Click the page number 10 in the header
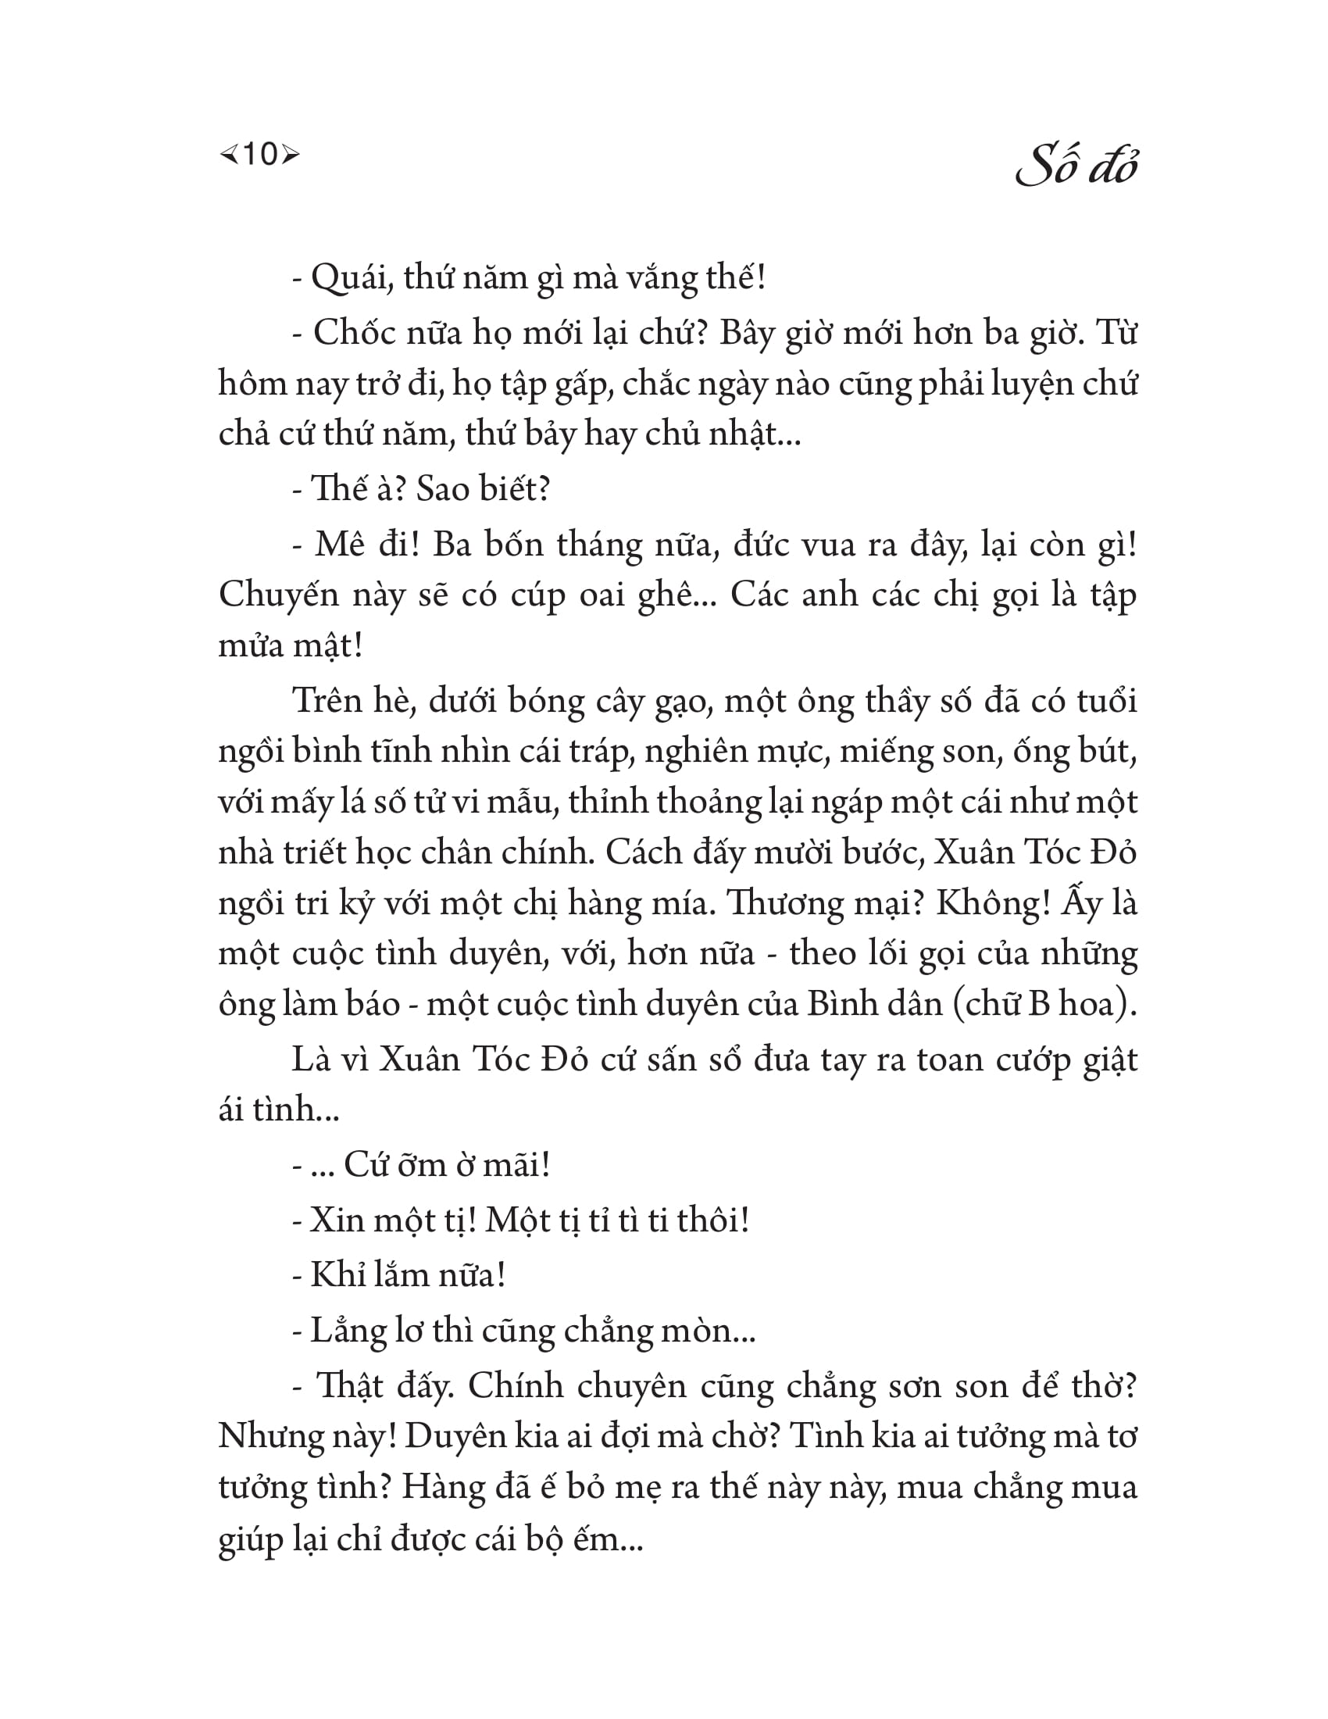click(259, 154)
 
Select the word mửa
click(251, 646)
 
